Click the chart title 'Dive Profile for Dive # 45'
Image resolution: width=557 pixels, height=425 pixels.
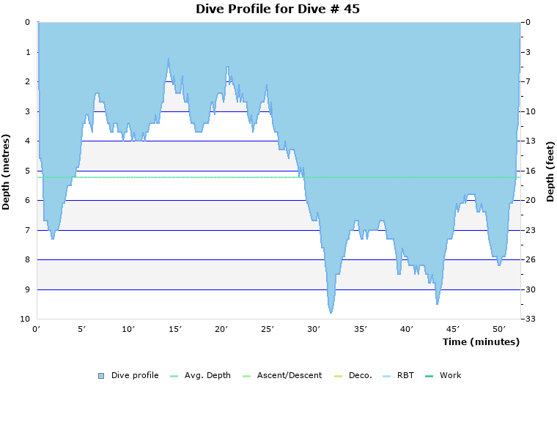[x=278, y=9]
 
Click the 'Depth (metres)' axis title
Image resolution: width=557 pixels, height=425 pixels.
[x=7, y=171]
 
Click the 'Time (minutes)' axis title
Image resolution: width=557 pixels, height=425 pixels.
[x=481, y=341]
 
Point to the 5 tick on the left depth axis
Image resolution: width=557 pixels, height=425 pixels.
[x=27, y=171]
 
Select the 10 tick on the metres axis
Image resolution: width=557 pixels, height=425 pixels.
[x=25, y=319]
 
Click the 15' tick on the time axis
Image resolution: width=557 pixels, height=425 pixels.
[x=175, y=329]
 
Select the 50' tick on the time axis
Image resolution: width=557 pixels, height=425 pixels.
[x=499, y=329]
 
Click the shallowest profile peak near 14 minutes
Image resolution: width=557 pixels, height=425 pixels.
[x=169, y=59]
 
